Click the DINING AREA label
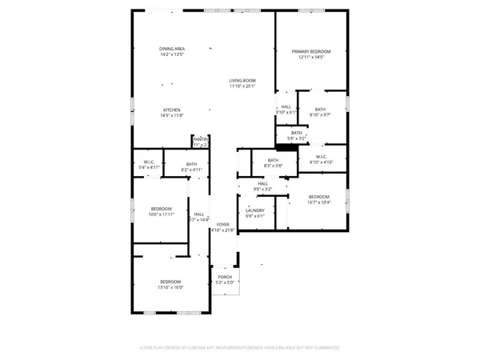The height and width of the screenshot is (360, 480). [172, 50]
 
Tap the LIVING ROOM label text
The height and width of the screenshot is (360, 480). [242, 81]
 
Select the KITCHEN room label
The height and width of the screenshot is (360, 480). [172, 110]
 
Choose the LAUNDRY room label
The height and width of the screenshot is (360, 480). [255, 210]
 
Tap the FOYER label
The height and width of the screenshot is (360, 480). [223, 225]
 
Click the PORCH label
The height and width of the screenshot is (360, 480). [225, 277]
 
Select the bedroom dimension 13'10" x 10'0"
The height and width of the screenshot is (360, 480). [170, 287]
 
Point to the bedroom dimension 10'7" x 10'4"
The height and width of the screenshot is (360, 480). [318, 202]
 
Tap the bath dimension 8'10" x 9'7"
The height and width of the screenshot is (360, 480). [320, 115]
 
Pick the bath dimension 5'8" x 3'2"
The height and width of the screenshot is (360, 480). [297, 138]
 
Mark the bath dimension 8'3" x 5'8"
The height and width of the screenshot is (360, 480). [273, 167]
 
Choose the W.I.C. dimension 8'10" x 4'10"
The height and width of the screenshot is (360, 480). [322, 162]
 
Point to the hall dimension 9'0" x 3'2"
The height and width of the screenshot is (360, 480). [262, 189]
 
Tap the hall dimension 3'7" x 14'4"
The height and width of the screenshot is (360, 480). [198, 219]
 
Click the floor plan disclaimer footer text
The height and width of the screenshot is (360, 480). [240, 348]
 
